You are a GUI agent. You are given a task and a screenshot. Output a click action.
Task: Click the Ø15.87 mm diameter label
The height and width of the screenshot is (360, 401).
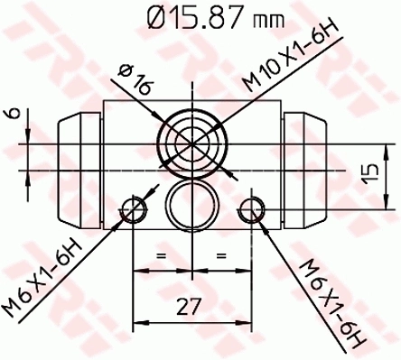[x=200, y=17]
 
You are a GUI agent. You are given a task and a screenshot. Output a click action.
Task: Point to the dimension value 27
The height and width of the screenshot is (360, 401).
[x=188, y=307]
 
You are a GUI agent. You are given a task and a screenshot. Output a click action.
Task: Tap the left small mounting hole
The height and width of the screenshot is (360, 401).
[x=135, y=211]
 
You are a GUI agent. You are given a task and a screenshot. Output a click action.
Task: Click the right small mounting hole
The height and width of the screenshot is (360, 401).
[x=252, y=211]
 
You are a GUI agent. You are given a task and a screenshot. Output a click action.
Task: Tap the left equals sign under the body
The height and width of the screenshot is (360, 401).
[x=163, y=258]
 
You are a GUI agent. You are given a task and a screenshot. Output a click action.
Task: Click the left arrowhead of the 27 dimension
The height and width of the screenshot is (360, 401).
[x=139, y=320]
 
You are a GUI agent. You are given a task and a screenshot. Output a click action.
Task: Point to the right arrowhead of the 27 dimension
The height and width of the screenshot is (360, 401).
[x=246, y=320]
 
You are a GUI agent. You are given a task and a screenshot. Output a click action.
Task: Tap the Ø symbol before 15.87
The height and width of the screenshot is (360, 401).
[x=148, y=17]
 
